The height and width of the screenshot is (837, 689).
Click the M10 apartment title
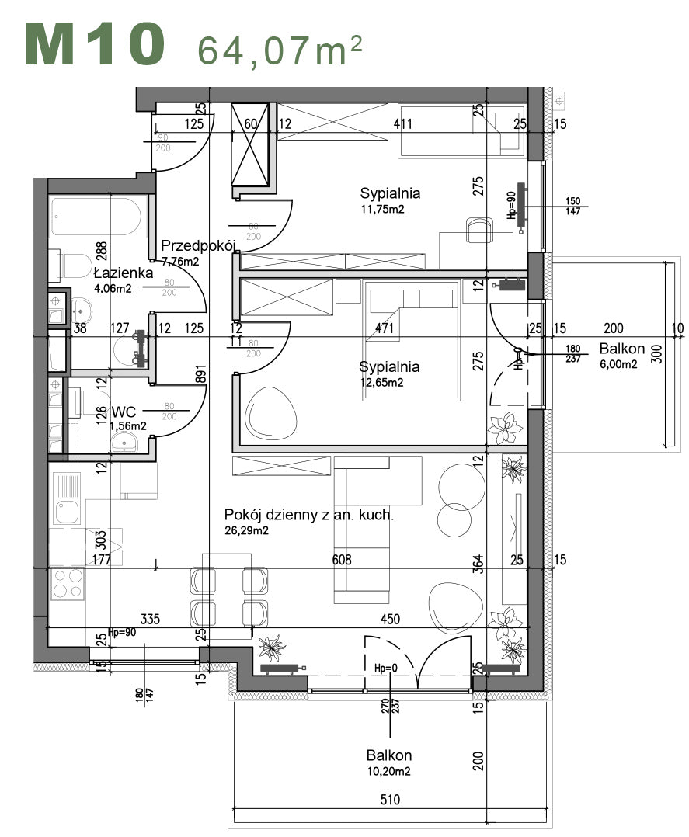click(x=95, y=44)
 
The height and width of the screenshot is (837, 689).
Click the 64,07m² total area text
click(x=280, y=50)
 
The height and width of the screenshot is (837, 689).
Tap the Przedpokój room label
click(x=197, y=246)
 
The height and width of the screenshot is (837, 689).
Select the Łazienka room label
click(x=123, y=273)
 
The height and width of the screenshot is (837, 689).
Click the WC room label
click(x=124, y=411)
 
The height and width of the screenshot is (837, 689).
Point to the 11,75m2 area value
click(x=383, y=209)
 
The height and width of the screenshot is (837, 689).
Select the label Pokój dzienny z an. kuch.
click(x=308, y=515)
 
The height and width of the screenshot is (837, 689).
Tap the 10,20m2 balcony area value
click(x=388, y=771)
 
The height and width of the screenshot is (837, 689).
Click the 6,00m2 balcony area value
click(x=618, y=363)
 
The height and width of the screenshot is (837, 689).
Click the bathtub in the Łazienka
click(x=98, y=218)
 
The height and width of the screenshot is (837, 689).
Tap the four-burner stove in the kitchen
click(x=67, y=583)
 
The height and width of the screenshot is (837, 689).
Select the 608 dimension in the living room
click(x=342, y=559)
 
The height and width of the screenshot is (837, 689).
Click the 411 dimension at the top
click(x=402, y=123)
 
